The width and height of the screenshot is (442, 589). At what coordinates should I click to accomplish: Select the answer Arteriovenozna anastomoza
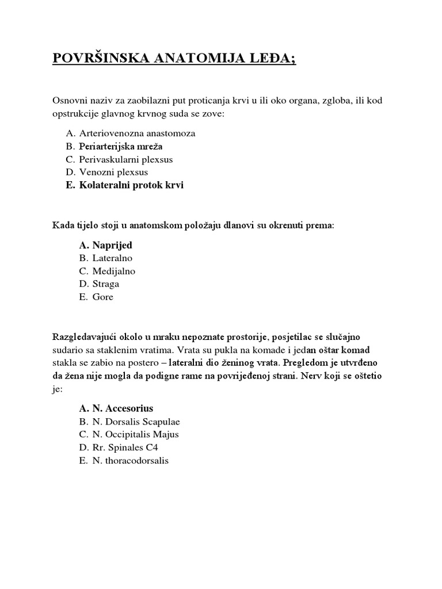pyautogui.click(x=137, y=133)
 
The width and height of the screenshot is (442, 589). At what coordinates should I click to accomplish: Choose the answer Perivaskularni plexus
pyautogui.click(x=126, y=159)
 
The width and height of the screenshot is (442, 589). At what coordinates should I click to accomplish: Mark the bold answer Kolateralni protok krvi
pyautogui.click(x=131, y=185)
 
